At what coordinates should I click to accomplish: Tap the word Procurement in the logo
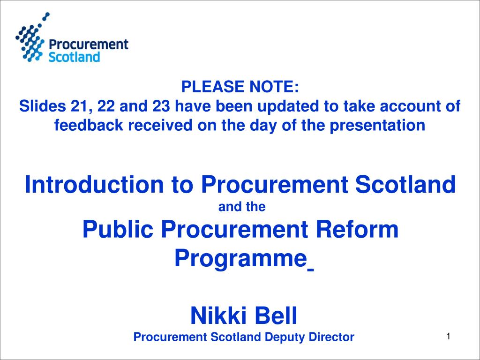(89, 45)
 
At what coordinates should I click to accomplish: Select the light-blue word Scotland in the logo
(75, 57)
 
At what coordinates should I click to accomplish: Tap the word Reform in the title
(360, 230)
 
